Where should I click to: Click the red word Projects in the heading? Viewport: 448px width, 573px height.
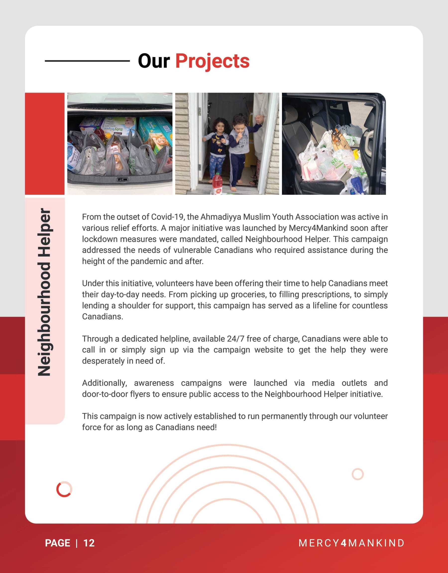pos(212,61)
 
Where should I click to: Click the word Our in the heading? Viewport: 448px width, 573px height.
pos(154,61)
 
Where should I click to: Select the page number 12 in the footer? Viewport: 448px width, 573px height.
pos(89,543)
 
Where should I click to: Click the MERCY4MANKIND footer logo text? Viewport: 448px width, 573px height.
pos(351,543)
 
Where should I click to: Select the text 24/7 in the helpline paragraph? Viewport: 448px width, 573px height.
pos(235,339)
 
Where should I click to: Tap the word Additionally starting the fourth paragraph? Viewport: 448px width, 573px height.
pos(104,383)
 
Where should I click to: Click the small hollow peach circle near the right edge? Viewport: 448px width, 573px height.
pos(357,474)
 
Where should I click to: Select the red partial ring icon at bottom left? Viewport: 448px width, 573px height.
pos(64,489)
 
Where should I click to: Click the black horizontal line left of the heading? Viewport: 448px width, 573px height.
pos(87,61)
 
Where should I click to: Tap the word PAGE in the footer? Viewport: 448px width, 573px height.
pos(57,543)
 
